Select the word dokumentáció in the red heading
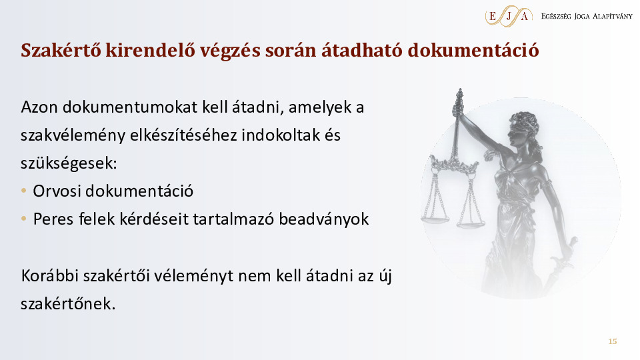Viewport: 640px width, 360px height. point(473,50)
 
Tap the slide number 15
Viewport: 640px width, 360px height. point(612,341)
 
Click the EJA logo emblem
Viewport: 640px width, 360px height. point(509,16)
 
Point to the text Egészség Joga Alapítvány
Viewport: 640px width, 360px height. point(587,16)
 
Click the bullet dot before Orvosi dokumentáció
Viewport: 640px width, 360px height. point(24,191)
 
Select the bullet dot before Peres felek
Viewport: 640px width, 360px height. point(24,219)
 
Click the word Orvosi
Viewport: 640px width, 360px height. point(57,191)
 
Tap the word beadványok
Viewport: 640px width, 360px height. point(324,219)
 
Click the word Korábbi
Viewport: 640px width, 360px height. point(49,275)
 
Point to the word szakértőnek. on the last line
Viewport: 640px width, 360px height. point(68,304)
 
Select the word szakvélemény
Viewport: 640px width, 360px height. point(73,135)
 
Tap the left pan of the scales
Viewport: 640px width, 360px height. point(435,219)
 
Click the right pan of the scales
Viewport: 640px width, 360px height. point(471,223)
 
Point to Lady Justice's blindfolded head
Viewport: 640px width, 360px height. point(523,129)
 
